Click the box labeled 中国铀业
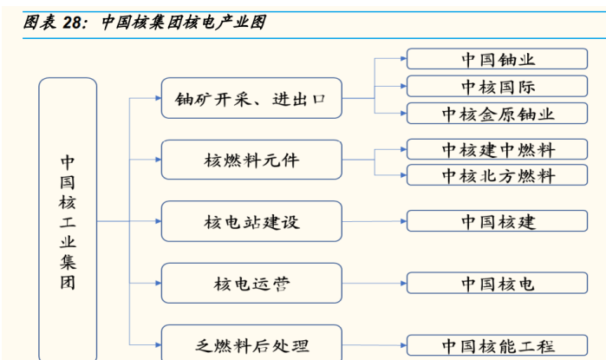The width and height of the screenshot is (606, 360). [x=497, y=59]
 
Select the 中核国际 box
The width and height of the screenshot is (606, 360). [x=497, y=86]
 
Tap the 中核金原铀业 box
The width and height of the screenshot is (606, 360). [x=497, y=114]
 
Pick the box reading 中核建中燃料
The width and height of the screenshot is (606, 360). [x=497, y=149]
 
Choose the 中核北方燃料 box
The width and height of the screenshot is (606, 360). [x=497, y=175]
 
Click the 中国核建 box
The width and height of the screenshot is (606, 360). [x=497, y=221]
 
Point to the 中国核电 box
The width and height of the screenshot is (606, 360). [x=497, y=283]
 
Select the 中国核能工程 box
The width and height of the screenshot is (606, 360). [x=497, y=345]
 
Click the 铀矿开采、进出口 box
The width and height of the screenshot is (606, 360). [x=251, y=98]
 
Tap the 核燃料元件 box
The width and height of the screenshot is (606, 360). [x=251, y=160]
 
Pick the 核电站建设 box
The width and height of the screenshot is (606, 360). [x=251, y=221]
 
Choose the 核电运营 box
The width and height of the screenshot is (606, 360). [x=251, y=283]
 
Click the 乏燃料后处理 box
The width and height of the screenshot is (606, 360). [x=251, y=343]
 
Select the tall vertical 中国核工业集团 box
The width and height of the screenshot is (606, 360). [x=68, y=219]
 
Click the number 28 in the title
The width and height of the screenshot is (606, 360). [x=72, y=23]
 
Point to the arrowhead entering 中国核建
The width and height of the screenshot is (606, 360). [x=404, y=221]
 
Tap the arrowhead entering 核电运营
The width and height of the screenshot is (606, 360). [x=159, y=283]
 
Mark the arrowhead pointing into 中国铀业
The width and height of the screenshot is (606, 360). [x=404, y=59]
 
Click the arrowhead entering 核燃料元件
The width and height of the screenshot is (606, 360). [x=159, y=160]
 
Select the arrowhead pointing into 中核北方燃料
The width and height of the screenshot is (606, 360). [x=404, y=175]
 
